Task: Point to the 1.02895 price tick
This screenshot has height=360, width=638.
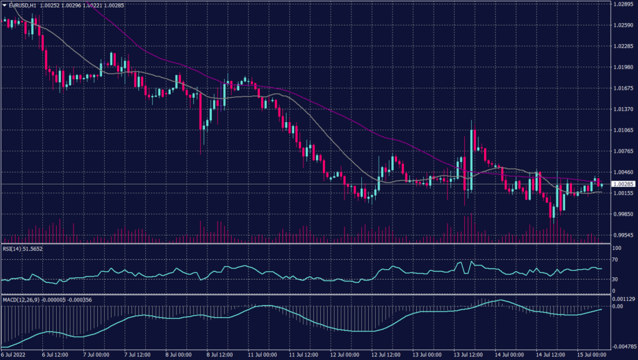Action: coord(624,4)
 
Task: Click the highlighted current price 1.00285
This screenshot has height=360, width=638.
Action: coord(624,184)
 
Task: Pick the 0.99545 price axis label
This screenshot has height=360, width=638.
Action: coord(624,235)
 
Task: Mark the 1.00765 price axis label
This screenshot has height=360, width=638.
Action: coord(624,151)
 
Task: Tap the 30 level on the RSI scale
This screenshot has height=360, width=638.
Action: coord(616,280)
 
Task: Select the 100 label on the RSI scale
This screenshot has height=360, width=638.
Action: coord(617,249)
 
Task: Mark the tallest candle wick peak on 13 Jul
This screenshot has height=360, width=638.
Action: coord(471,120)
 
